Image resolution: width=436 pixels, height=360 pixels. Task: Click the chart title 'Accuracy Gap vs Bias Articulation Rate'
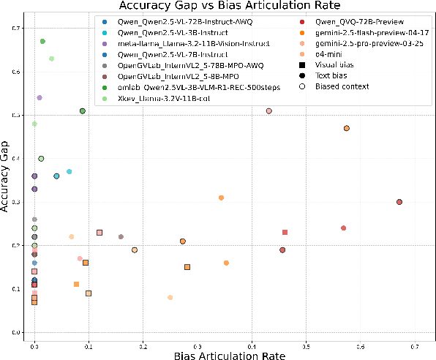tap(217, 6)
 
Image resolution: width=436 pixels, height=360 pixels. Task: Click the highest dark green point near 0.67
tap(42, 42)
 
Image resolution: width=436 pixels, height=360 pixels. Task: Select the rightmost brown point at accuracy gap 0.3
tap(399, 202)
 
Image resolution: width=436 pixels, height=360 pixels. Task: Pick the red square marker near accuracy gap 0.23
tap(285, 232)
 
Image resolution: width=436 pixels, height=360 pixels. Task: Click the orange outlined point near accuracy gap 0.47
tap(347, 128)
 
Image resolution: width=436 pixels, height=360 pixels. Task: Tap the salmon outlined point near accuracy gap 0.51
tap(269, 111)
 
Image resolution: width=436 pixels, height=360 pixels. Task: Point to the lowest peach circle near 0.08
tap(170, 297)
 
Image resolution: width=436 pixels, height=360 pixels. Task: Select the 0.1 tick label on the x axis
tap(89, 342)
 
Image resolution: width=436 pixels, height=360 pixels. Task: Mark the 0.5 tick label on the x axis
tap(306, 342)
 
